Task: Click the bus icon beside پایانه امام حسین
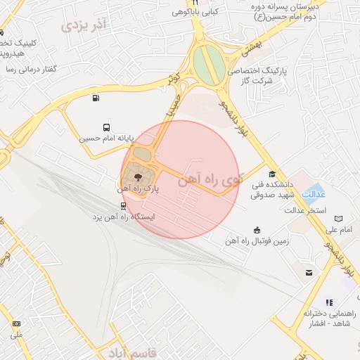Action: (x=106, y=128)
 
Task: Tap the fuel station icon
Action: (x=95, y=98)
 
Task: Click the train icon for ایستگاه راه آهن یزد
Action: (x=124, y=206)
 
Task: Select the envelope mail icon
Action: (x=308, y=272)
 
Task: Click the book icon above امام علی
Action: (x=339, y=219)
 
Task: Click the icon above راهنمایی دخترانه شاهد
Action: (x=329, y=302)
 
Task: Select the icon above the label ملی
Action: (x=16, y=324)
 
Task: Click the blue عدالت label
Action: (x=313, y=194)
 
